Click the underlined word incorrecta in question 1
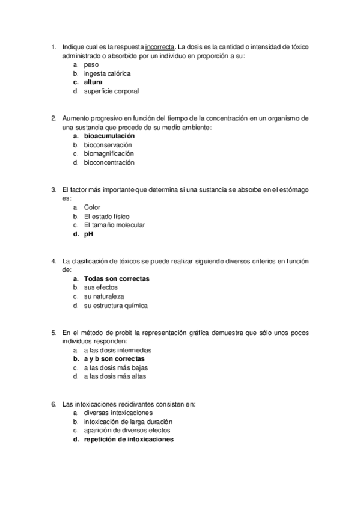[160, 47]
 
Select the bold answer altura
[93, 82]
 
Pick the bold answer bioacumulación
[109, 136]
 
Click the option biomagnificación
[109, 153]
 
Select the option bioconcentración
[109, 162]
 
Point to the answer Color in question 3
[92, 207]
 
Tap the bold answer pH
[88, 234]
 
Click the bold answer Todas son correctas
[117, 278]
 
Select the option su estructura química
[115, 306]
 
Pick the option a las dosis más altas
[115, 376]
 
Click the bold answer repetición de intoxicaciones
[129, 439]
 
